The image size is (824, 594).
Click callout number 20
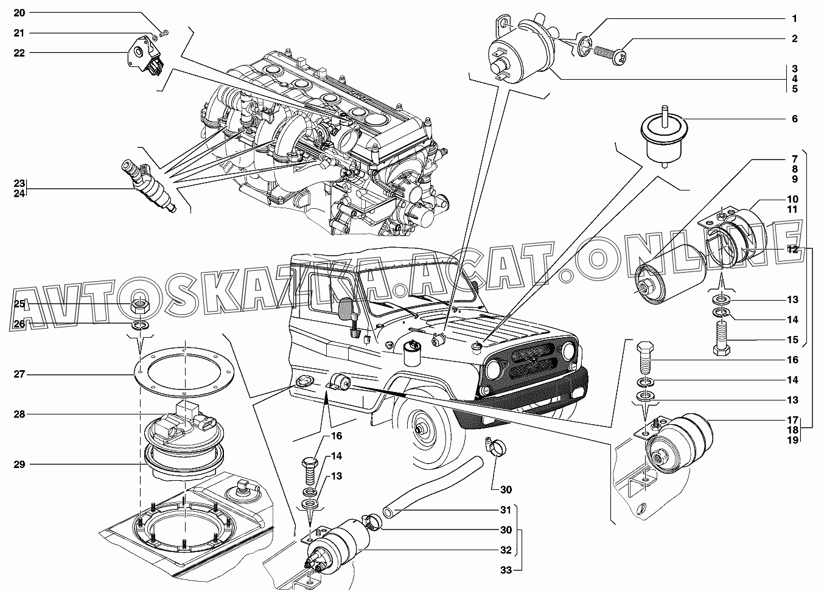click(19, 12)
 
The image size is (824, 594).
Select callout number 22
click(19, 53)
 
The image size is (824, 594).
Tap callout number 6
click(795, 119)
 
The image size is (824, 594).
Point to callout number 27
click(19, 374)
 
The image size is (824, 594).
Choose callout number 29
click(19, 464)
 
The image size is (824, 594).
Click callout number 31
click(505, 510)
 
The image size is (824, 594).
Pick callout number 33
click(505, 570)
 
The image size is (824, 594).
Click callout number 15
click(792, 340)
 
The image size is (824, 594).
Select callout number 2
click(795, 39)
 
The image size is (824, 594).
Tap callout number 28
click(19, 414)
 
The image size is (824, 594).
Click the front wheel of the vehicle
click(419, 429)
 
